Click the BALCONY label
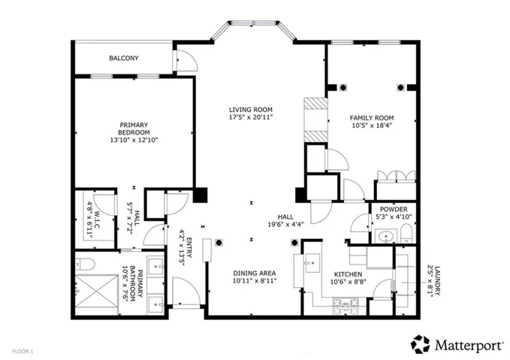point(124,59)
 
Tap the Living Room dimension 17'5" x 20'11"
point(250,117)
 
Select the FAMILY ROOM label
point(372,118)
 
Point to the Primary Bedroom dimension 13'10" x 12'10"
point(134,141)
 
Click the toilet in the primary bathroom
point(85,264)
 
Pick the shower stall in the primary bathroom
point(97,291)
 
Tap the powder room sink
point(386,236)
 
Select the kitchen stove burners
point(345,307)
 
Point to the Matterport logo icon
point(420,344)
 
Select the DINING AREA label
point(255,274)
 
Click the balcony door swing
point(187,61)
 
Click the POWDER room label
point(394,209)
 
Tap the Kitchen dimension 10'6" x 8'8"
point(349,282)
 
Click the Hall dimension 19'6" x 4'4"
point(286,224)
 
